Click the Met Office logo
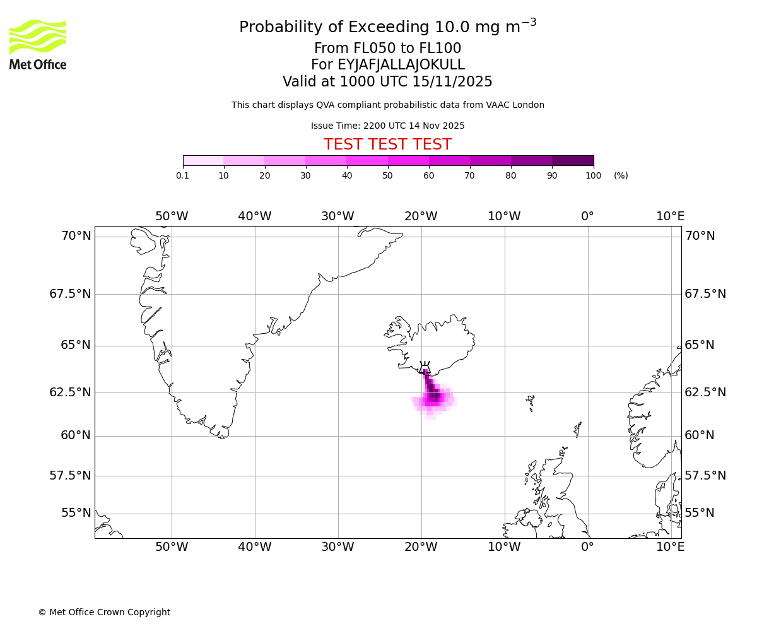point(38,44)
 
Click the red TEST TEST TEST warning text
point(387,145)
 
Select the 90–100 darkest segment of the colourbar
point(573,161)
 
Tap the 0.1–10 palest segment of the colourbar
point(203,161)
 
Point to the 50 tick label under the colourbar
point(388,176)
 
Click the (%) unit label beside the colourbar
point(621,176)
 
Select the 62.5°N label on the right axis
point(705,392)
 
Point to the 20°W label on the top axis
point(421,216)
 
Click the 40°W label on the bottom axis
point(254,547)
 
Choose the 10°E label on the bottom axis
point(670,547)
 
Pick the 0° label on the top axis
point(587,216)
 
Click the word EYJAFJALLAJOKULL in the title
point(401,65)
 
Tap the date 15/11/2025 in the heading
point(452,82)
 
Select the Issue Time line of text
point(387,126)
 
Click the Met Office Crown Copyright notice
point(104,613)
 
